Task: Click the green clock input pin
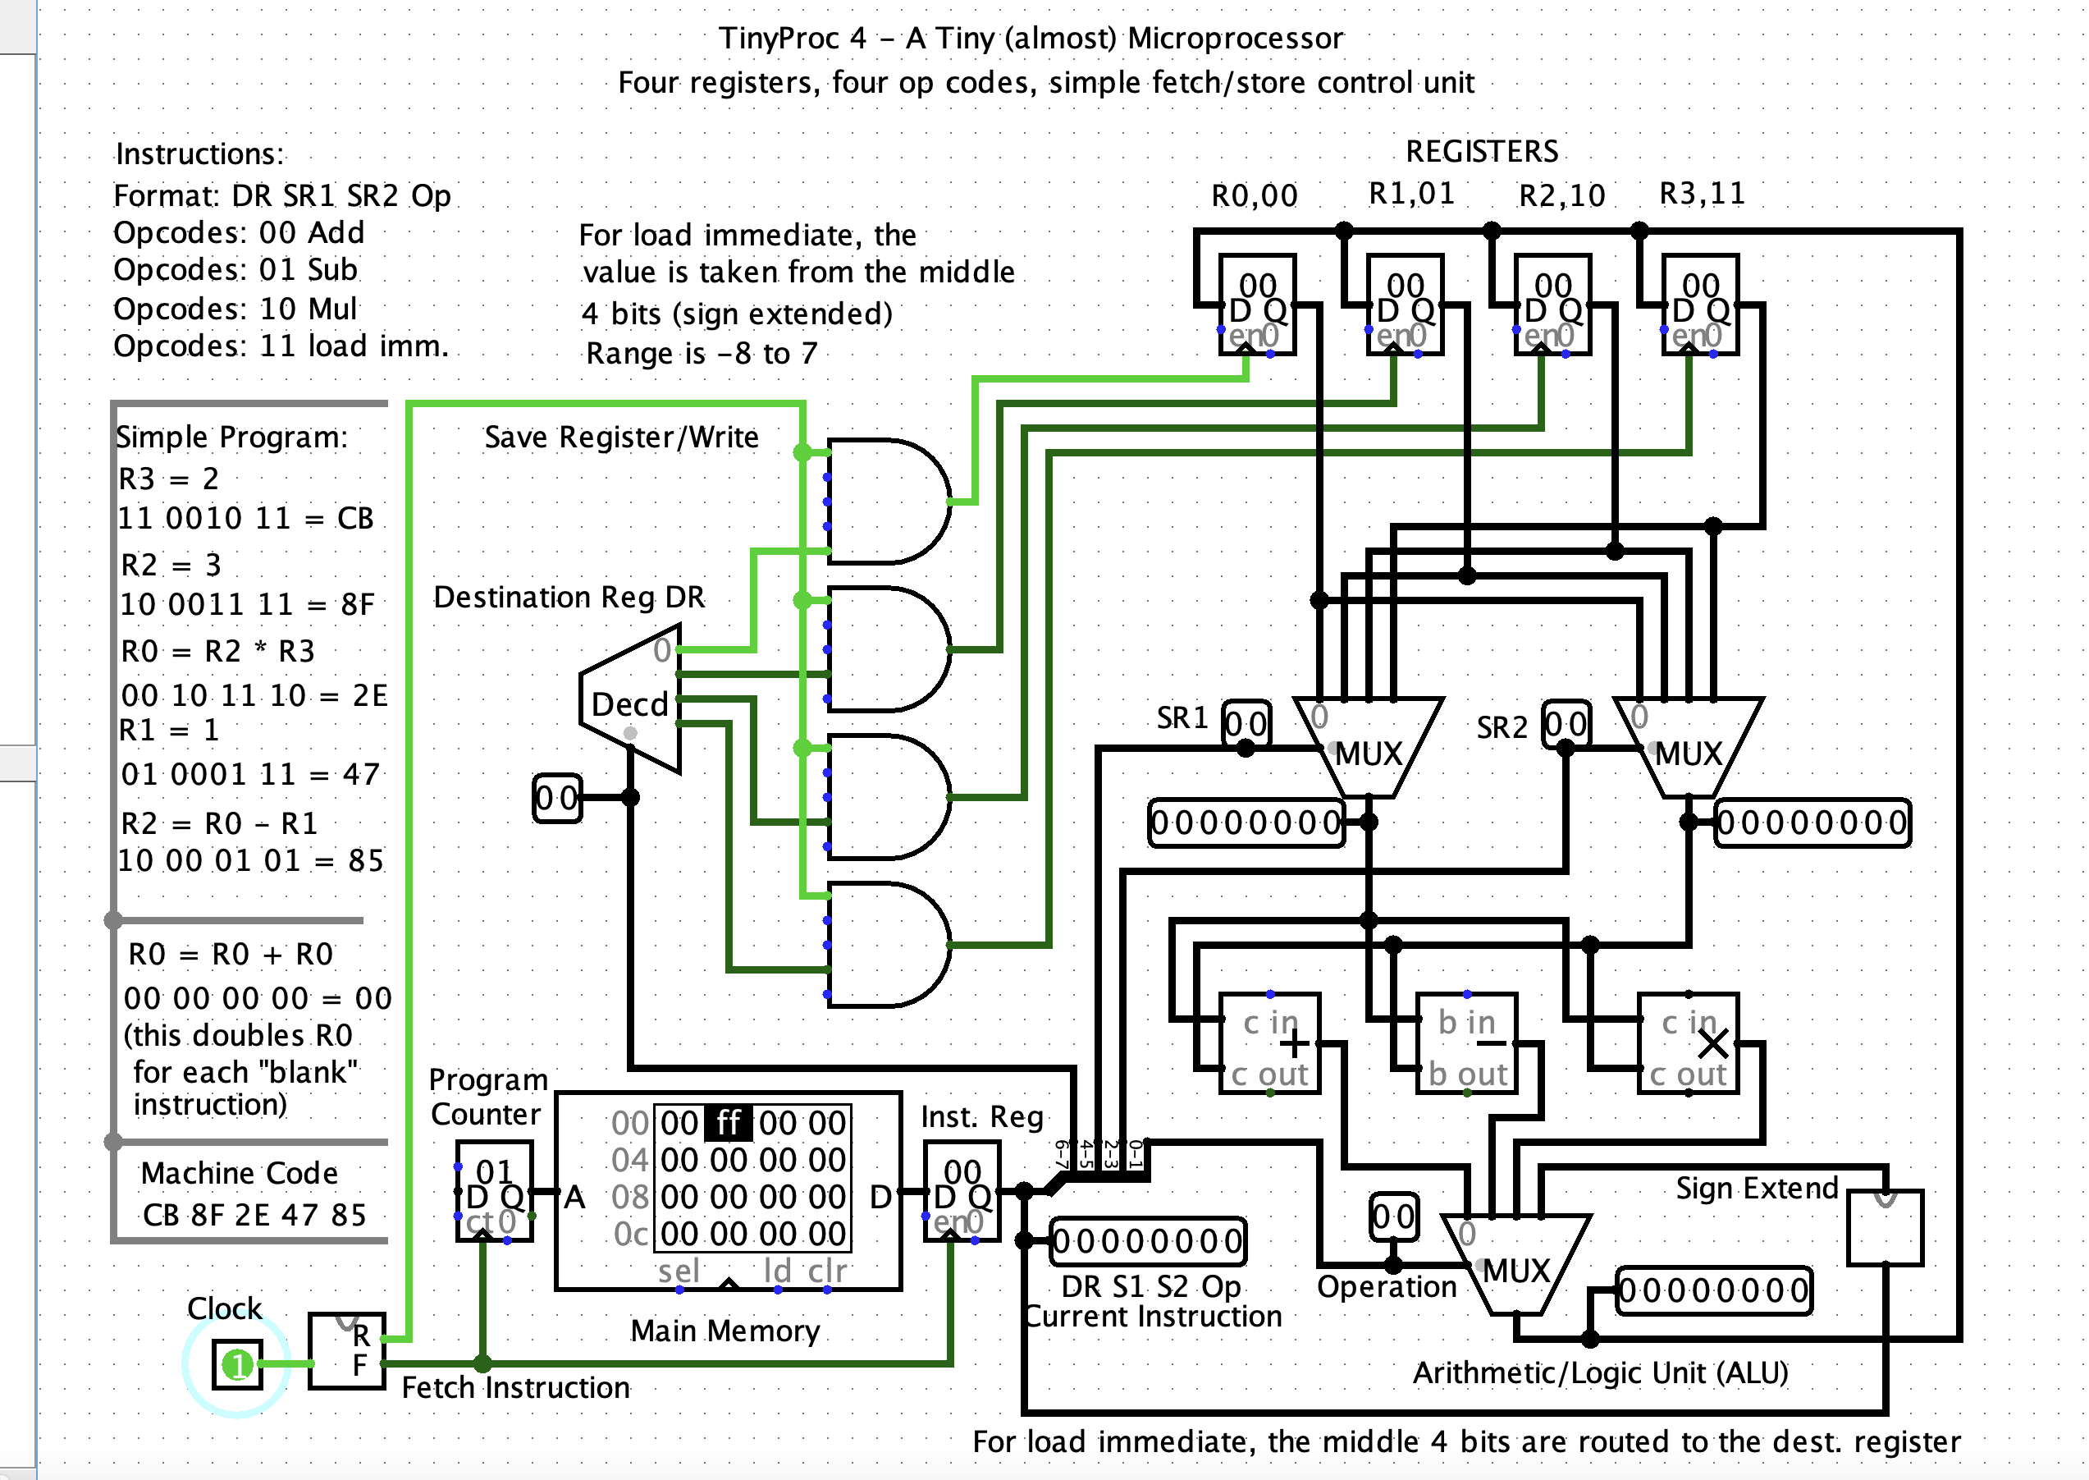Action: point(237,1364)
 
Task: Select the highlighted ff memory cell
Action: point(728,1123)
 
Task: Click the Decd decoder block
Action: point(630,700)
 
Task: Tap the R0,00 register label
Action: point(1254,195)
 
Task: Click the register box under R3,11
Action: point(1700,305)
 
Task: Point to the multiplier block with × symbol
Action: point(1688,1044)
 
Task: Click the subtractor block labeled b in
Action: point(1467,1044)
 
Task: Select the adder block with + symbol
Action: point(1270,1044)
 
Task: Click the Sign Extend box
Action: point(1884,1226)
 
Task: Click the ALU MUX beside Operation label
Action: point(1516,1265)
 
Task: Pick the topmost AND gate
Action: point(885,502)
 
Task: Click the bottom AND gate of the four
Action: point(885,945)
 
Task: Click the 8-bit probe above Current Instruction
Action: point(1147,1241)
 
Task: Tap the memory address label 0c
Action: point(630,1234)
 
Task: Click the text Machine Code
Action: point(239,1173)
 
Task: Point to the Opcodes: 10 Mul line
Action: point(235,309)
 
